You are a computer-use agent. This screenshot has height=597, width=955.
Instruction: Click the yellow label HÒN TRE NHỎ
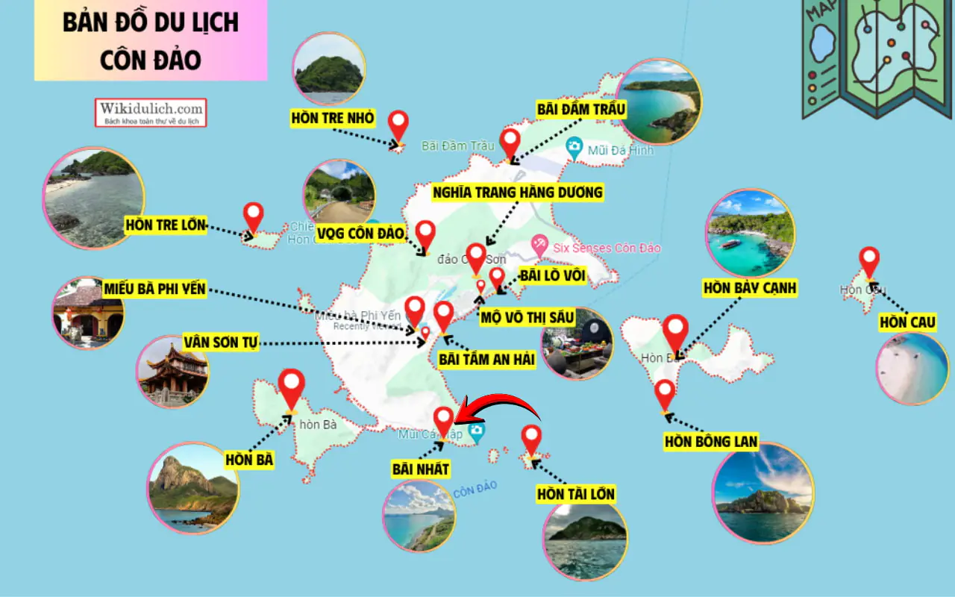tap(333, 118)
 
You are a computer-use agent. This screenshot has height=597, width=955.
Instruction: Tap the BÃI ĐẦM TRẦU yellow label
tap(581, 110)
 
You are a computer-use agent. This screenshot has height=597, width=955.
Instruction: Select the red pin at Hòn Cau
tap(869, 260)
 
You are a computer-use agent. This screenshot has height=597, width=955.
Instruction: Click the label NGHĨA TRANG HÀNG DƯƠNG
tap(517, 193)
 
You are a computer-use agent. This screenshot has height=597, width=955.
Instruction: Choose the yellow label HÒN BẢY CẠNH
tap(750, 288)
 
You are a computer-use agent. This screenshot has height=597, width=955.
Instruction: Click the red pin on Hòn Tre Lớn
tap(254, 218)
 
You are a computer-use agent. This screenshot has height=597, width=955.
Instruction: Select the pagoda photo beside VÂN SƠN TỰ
tap(173, 371)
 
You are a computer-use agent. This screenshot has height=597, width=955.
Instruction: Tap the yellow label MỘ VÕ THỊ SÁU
tap(527, 317)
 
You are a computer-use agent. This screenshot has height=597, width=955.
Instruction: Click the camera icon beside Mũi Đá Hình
tap(574, 146)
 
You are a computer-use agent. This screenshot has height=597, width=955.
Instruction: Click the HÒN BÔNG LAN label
tap(711, 442)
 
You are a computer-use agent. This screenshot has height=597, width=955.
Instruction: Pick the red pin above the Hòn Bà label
tap(291, 387)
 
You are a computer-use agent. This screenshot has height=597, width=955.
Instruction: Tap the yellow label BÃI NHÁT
tap(421, 469)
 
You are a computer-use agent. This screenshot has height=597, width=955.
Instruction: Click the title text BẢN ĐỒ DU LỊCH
tap(150, 22)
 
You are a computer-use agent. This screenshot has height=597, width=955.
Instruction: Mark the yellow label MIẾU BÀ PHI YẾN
tap(155, 289)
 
